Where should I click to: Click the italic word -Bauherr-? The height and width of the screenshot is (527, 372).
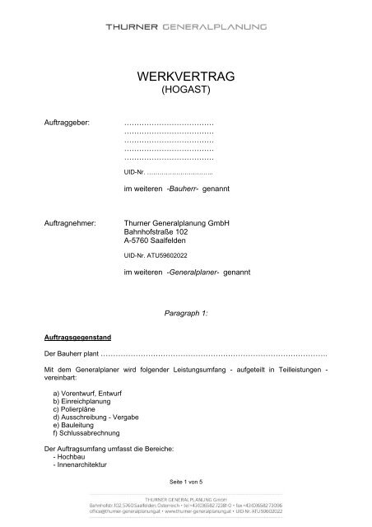(x=188, y=189)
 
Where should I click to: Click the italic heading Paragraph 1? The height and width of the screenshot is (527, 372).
(x=185, y=314)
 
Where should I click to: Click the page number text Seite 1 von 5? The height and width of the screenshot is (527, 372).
(x=185, y=481)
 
